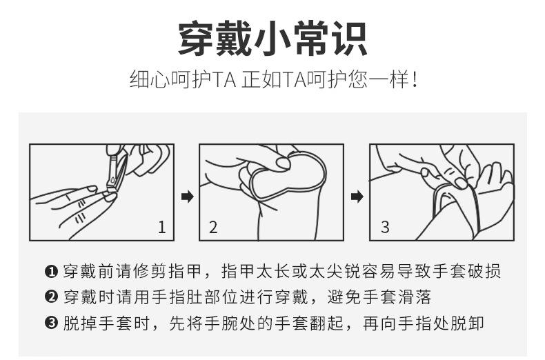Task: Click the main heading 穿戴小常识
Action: point(272,38)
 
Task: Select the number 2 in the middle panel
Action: point(213,227)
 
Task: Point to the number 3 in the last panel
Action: point(385,227)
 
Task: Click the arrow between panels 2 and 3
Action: point(357,197)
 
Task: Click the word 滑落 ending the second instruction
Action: point(415,297)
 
